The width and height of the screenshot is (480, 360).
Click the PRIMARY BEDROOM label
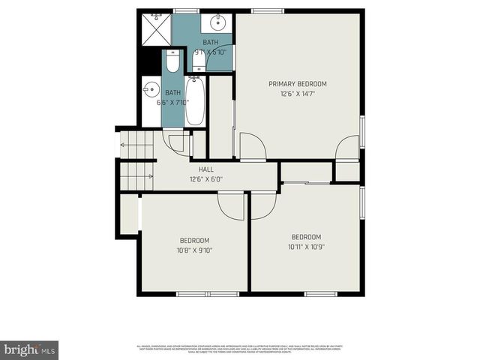point(298,83)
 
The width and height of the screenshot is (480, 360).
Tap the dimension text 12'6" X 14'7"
point(298,94)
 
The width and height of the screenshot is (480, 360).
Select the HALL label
point(205,169)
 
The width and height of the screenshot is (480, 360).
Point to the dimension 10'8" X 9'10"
point(193,250)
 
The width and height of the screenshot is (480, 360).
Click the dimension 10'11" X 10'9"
point(306,247)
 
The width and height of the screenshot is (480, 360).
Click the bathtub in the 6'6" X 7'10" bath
point(194,102)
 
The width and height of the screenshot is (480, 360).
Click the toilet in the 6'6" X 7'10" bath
point(172,62)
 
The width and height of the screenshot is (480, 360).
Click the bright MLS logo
point(30,350)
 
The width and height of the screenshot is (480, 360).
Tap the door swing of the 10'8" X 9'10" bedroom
point(231,206)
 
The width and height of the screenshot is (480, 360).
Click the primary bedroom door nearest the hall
point(250,146)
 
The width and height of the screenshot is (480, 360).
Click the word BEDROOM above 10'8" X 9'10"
point(193,240)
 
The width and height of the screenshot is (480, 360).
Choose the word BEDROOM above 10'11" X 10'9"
point(306,236)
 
